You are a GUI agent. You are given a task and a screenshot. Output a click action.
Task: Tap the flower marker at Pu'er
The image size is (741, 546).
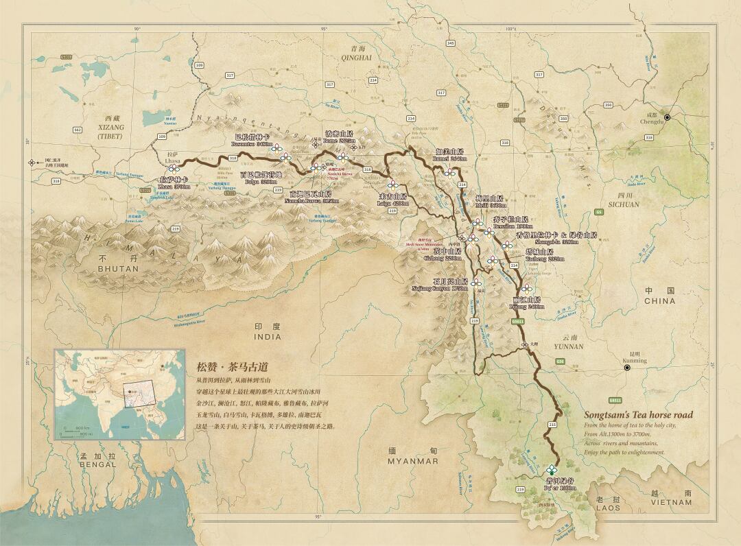[552, 470]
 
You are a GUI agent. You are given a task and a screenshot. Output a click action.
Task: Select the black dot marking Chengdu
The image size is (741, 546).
[667, 118]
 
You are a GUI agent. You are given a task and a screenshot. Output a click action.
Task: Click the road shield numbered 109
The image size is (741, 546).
[199, 65]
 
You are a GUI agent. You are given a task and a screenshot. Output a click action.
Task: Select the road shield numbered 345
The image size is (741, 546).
[451, 43]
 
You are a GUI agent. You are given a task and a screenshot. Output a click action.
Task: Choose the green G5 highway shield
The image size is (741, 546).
[600, 213]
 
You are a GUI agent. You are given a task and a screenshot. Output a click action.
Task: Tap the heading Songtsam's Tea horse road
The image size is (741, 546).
[638, 414]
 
